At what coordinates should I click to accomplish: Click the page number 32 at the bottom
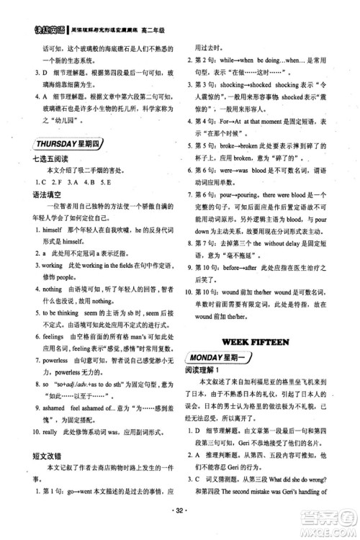179,519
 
